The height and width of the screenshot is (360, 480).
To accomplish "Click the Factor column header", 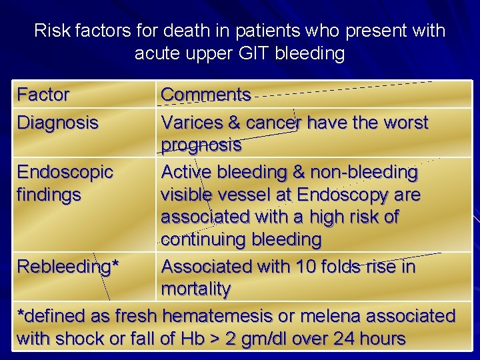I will (43, 95).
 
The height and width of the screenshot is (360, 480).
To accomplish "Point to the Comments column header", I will (206, 95).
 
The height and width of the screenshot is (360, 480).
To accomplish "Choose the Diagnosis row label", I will (57, 123).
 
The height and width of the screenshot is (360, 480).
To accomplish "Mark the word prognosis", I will (201, 145).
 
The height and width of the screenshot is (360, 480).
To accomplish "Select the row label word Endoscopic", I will (65, 172).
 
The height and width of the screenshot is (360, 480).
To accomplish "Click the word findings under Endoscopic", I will (49, 195).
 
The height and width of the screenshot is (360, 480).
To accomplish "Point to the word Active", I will (186, 172).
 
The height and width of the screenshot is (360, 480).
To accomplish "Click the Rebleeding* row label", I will (67, 267).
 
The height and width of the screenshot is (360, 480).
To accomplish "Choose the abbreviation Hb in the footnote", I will (189, 339).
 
